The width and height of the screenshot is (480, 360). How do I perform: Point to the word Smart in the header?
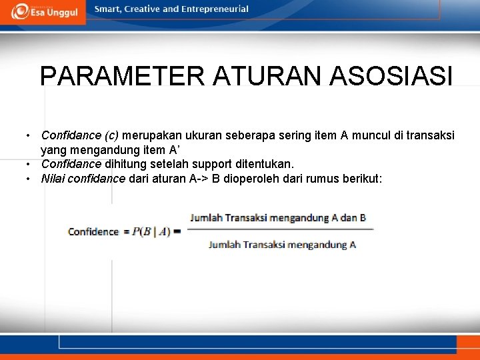tap(109, 9)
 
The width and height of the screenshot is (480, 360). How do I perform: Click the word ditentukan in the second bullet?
tap(265, 164)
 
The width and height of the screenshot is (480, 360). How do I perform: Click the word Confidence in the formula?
tap(93, 232)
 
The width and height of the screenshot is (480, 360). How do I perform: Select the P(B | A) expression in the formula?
tap(151, 232)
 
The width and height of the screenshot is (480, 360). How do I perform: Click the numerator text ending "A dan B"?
tap(278, 218)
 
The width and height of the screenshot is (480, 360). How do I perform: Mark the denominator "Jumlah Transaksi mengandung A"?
tap(282, 245)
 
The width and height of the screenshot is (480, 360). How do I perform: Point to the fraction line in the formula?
tap(280, 230)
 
